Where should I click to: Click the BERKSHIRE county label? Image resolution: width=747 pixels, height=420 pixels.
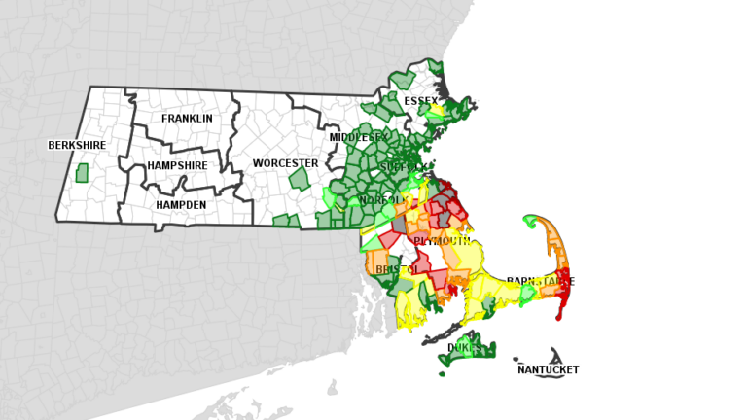coord(77,146)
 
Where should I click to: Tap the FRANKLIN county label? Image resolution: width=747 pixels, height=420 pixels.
coord(187,119)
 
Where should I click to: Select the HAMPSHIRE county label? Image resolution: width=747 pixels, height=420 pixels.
coord(177,166)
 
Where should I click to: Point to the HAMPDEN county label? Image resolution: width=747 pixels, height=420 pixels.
coord(181,205)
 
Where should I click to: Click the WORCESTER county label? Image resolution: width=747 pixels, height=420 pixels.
coord(285,163)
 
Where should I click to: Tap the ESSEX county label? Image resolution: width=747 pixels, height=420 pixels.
coord(421,101)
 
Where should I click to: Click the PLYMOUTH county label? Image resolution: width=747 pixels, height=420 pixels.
coord(442,240)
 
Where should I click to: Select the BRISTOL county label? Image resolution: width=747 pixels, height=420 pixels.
coord(397,269)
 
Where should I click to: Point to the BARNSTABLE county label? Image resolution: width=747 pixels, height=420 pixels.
coord(540,282)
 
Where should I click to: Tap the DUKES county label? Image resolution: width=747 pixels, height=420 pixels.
coord(464,347)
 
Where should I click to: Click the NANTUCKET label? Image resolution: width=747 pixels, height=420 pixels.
coord(548,369)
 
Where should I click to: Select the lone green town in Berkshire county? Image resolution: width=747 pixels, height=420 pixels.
coord(82,172)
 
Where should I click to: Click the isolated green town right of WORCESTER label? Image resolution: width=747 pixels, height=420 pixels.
coord(300,179)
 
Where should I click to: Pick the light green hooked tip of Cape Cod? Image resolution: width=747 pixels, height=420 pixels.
coord(531,220)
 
